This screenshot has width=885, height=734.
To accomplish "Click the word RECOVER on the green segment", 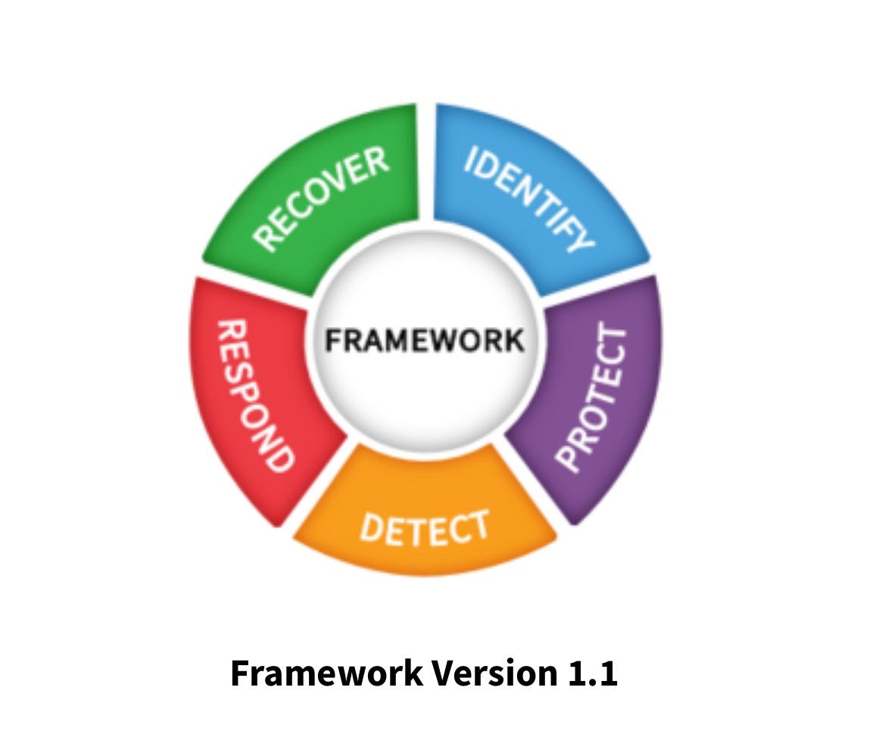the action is (x=323, y=197).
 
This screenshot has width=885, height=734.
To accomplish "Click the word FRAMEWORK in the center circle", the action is (x=424, y=340).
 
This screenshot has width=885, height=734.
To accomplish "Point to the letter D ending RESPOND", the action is (x=277, y=457).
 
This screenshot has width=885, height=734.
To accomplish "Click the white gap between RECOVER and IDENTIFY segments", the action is (x=425, y=163).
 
